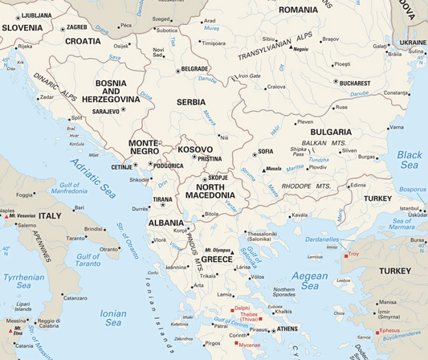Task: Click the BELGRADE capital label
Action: pyautogui.click(x=195, y=69)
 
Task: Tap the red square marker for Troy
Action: pyautogui.click(x=345, y=255)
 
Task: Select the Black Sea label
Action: pyautogui.click(x=409, y=159)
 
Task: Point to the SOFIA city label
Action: pyautogui.click(x=265, y=152)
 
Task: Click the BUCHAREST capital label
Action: pyautogui.click(x=354, y=83)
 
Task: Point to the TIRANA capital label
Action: pyautogui.click(x=162, y=199)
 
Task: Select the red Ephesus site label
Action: pyautogui.click(x=389, y=330)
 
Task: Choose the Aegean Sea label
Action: pyautogui.click(x=309, y=280)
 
